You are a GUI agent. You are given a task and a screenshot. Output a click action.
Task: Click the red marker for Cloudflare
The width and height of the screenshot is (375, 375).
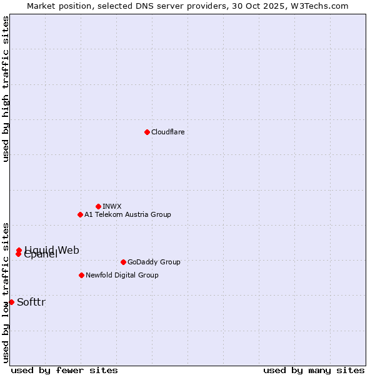[x=147, y=132]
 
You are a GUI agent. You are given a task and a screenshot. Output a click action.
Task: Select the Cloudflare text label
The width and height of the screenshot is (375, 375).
[x=168, y=132]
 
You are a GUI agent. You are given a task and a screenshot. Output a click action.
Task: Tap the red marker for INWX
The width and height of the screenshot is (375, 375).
[x=98, y=206]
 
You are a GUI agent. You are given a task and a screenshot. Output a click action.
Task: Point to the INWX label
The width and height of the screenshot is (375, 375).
[x=112, y=206]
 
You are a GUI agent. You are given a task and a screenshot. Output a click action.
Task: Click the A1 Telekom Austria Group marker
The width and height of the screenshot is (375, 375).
[x=80, y=214]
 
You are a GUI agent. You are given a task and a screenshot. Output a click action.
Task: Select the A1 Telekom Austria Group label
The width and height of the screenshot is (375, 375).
[x=127, y=214]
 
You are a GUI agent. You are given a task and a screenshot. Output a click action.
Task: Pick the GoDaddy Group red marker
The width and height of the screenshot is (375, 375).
[x=123, y=262]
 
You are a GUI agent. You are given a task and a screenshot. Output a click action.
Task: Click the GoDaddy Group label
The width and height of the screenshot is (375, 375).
[x=154, y=262]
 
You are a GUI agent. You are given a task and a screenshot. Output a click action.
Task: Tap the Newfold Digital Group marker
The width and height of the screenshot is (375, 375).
[x=81, y=275]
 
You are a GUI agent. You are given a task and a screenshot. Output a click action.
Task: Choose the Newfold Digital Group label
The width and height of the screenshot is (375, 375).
[x=122, y=275]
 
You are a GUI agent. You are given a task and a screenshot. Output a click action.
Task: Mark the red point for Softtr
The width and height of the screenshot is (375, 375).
[x=11, y=302]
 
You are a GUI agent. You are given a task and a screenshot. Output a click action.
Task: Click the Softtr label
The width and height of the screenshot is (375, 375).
[x=31, y=302]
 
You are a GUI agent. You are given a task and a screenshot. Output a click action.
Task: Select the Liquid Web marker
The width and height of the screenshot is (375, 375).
[x=19, y=250]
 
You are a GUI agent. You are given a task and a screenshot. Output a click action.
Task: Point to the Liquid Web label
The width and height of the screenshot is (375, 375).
[x=52, y=250]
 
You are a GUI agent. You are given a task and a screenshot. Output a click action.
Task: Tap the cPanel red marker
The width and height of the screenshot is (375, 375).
[x=18, y=254]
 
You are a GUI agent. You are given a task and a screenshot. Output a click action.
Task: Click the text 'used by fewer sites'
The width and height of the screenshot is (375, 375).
[x=64, y=370]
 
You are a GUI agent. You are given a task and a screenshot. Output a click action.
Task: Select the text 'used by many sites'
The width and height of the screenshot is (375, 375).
[x=314, y=370]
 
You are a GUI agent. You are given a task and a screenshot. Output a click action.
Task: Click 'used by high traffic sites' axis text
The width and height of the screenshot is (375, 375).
[x=6, y=89]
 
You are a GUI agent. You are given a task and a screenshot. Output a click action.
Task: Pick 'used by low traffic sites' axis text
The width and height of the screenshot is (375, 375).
[x=6, y=292]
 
